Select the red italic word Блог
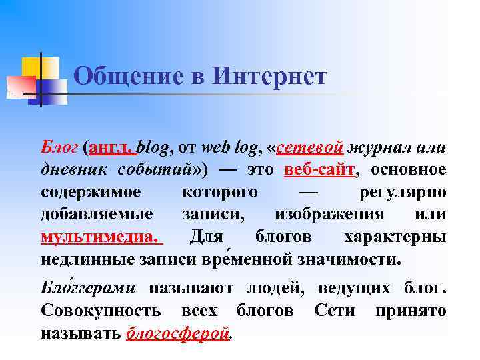59,147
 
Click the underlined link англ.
111,147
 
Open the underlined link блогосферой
177,333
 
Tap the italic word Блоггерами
88,289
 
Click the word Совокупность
100,311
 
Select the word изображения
329,215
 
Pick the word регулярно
403,192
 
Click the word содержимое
91,192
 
